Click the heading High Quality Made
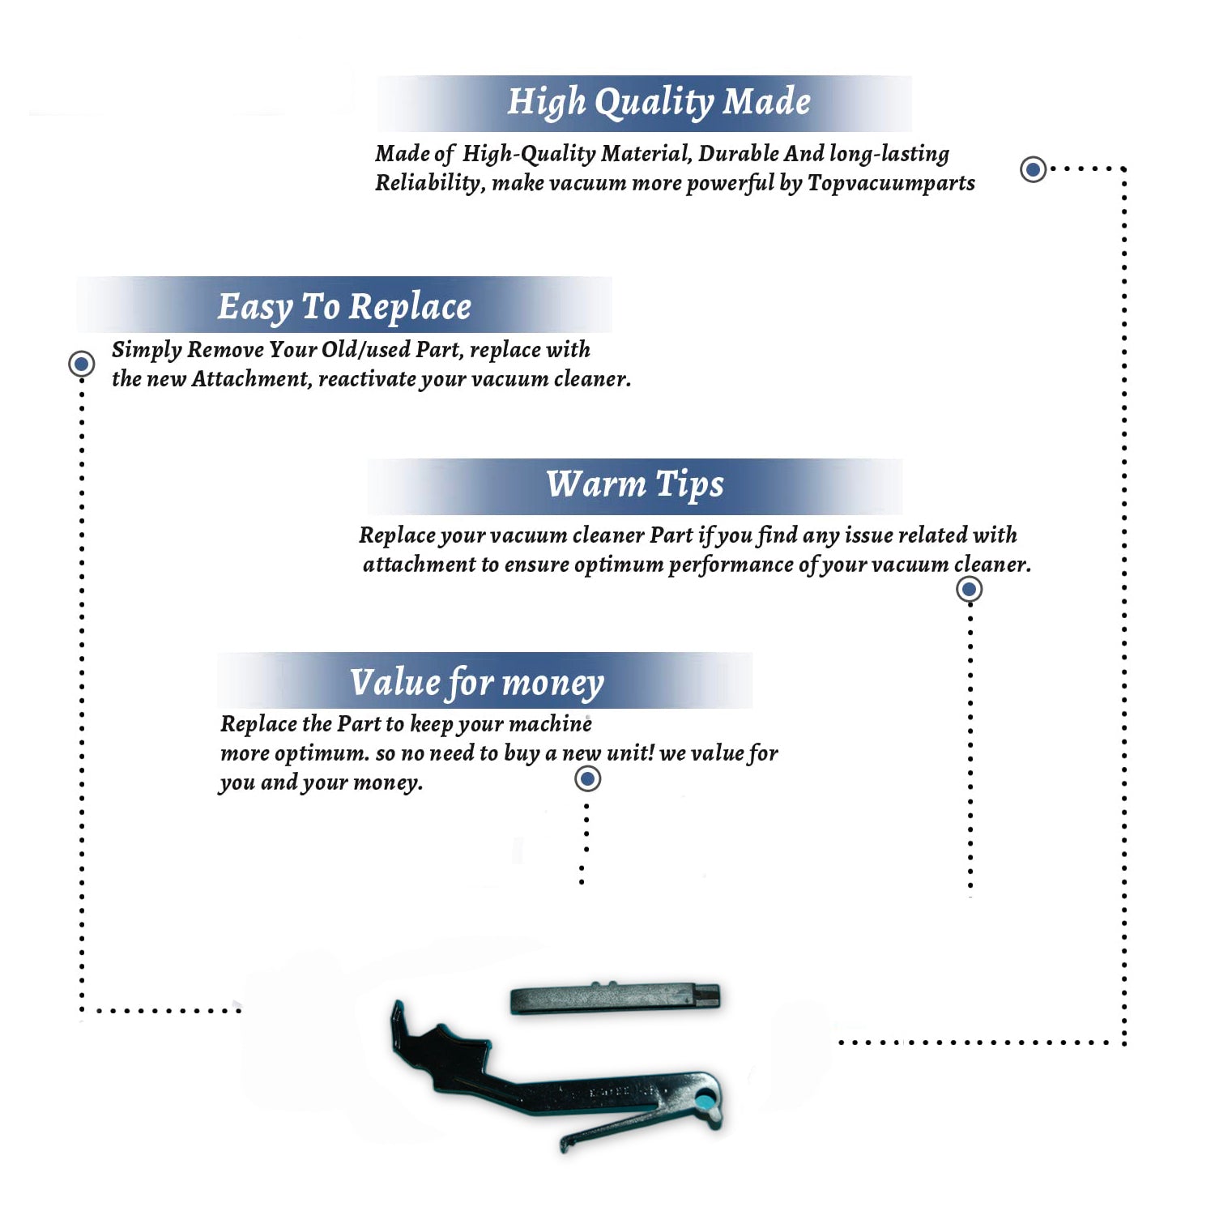pos(659,102)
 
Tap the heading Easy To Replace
pos(344,307)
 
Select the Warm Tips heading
pos(635,484)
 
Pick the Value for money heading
pos(477,682)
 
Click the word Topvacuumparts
pos(891,184)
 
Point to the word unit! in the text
pos(630,752)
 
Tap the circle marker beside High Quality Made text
pos(1033,169)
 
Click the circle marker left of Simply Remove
pos(81,364)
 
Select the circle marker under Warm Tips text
pos(969,589)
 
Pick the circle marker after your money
pos(587,778)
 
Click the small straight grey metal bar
pos(615,998)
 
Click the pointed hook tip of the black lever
pos(396,1004)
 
